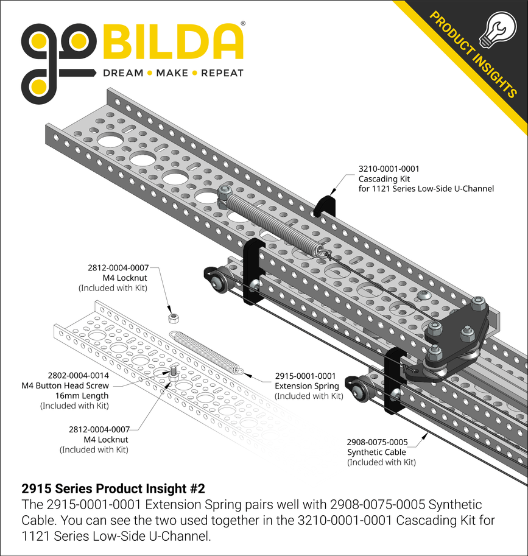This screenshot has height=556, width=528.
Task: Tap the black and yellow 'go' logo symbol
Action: tap(58, 57)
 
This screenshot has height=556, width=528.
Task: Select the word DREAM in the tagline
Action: tap(122, 73)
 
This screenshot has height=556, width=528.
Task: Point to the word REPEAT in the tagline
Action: tap(222, 73)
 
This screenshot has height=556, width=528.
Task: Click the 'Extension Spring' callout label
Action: tap(305, 386)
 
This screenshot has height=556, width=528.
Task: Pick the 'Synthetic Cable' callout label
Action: tap(376, 452)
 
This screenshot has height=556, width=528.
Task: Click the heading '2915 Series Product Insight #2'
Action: tap(113, 489)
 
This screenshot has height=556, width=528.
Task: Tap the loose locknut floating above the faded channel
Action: tap(173, 317)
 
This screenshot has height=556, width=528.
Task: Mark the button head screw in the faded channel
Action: tap(173, 370)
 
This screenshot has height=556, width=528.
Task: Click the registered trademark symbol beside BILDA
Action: tap(244, 24)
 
